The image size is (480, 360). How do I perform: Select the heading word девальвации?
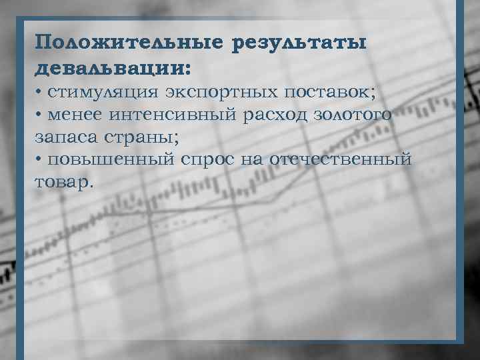coord(113,68)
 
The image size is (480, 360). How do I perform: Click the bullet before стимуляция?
coord(39,91)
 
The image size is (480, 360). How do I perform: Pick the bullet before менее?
coord(39,114)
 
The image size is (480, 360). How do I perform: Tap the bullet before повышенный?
coord(39,160)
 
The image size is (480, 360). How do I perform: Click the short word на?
coord(260,160)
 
